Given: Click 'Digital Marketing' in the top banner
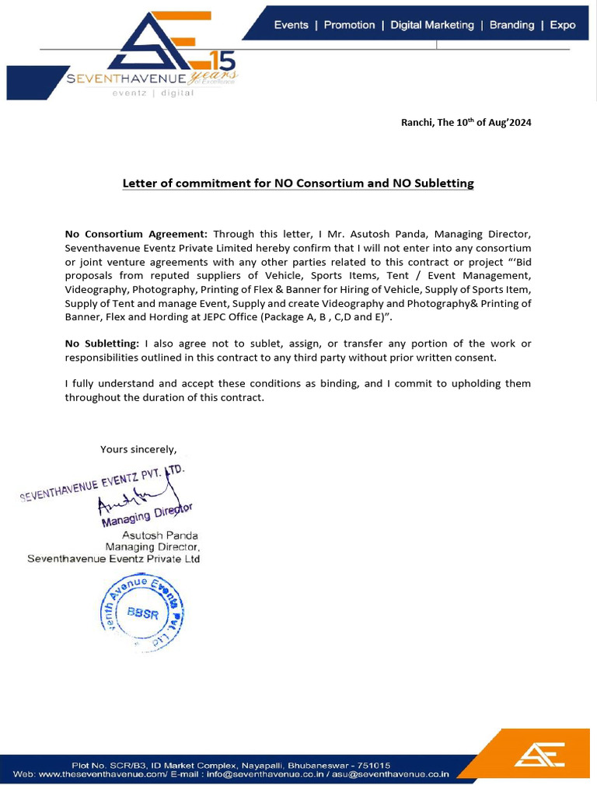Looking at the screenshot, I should (x=431, y=25).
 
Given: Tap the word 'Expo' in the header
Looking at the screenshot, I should (x=563, y=25).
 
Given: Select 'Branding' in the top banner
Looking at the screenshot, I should (x=511, y=25).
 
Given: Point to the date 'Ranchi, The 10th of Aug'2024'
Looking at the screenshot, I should (x=466, y=123).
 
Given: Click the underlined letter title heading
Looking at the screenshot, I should (x=298, y=183).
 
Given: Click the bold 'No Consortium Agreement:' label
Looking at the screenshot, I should (x=136, y=233).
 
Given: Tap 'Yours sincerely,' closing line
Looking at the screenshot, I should (x=138, y=449).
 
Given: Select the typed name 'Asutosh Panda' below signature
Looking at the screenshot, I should (x=159, y=536).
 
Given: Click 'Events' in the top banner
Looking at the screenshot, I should (x=291, y=25).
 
